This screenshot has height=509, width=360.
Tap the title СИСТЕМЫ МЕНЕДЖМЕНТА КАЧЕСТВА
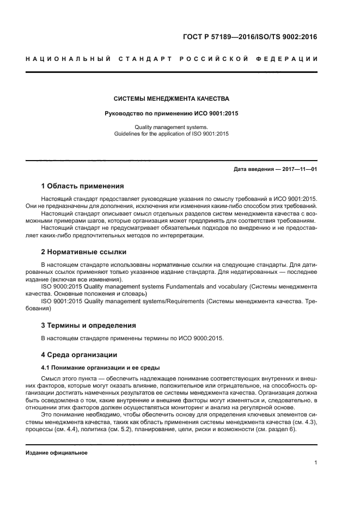coord(171,99)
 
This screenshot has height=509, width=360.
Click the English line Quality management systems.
coord(171,126)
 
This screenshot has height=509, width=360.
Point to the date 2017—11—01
coord(299,169)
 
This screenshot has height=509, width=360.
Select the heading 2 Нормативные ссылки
coord(84,252)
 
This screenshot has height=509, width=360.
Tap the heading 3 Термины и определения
coord(89,326)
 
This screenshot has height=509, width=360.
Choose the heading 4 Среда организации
coord(79,355)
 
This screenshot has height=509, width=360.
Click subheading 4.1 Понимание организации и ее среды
coord(101,367)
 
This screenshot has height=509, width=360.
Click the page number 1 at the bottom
coord(316,463)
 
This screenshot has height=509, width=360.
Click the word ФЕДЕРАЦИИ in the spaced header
coord(291,59)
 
